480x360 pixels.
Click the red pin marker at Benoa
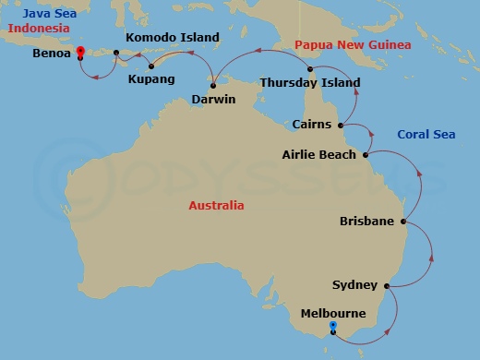coord(80,53)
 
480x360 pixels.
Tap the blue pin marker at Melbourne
coord(332,326)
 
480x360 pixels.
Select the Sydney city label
coord(354,286)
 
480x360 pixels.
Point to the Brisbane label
coord(366,222)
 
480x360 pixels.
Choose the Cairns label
coord(311,124)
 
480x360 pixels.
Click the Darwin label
coord(213,99)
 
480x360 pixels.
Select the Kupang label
coord(148,79)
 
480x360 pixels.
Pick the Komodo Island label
coord(172,38)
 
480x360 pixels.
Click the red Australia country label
coord(216,206)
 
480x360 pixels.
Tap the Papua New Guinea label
coord(340,45)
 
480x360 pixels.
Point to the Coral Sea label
coord(426,135)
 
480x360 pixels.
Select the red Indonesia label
coord(39,29)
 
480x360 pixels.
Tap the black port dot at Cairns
coord(341,125)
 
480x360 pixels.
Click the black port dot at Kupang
coord(150,66)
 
